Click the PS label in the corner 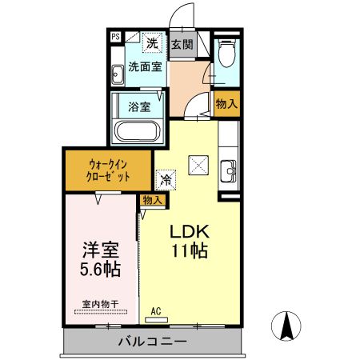115,37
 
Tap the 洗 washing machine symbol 153,44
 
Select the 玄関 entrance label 181,45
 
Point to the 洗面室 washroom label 145,67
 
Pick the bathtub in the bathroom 138,130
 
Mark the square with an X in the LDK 197,166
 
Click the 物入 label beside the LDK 152,200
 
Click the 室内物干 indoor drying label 100,304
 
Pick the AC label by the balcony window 158,309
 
